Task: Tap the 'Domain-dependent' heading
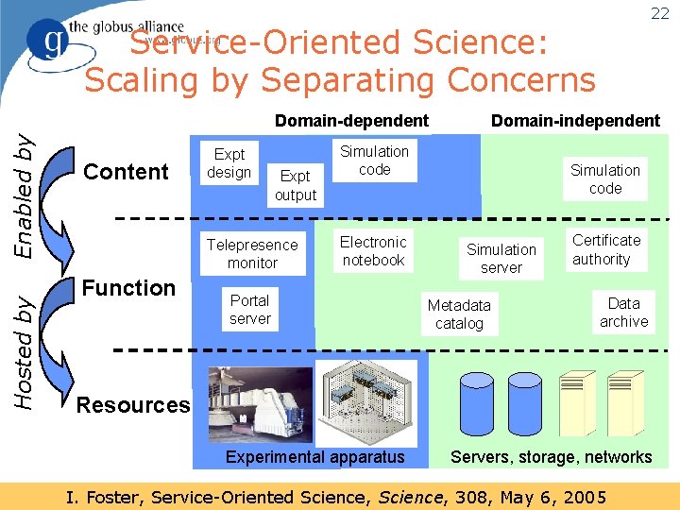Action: point(351,120)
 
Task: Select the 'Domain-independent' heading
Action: point(575,120)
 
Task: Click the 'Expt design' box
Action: point(229,162)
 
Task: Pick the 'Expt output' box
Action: point(295,185)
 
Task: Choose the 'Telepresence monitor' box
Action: point(252,253)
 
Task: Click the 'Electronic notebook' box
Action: point(373,250)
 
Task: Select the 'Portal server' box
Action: point(249,309)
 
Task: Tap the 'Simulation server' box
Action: point(501,258)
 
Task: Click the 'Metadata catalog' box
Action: point(459,314)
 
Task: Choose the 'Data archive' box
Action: point(623,312)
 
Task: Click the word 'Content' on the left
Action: point(126,172)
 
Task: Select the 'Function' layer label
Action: point(128,287)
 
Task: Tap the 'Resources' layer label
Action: point(133,405)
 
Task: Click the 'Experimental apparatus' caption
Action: point(314,457)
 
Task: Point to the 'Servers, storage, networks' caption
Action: point(551,457)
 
